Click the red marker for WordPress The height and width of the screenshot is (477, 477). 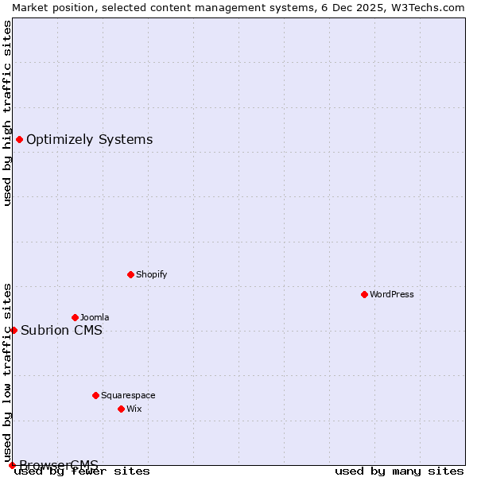[x=364, y=294]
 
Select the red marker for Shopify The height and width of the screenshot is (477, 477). [x=130, y=274]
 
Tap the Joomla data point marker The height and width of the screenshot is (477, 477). [x=75, y=317]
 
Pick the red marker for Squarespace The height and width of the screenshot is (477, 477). [x=95, y=395]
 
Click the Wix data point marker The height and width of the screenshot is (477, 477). [x=121, y=409]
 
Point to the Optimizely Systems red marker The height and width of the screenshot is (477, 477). [x=19, y=140]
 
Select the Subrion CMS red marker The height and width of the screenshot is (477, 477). [x=14, y=330]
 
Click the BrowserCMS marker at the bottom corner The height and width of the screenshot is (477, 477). [x=12, y=465]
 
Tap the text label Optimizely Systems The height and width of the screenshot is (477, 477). [x=89, y=140]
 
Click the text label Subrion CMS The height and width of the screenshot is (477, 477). [x=61, y=331]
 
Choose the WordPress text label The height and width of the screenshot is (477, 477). [x=392, y=294]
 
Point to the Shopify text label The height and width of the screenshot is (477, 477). [x=151, y=274]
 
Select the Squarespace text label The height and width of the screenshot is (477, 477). [x=128, y=395]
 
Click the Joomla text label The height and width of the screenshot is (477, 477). [x=95, y=317]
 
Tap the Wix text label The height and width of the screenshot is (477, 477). [x=134, y=409]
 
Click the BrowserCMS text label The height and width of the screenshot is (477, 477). [x=59, y=464]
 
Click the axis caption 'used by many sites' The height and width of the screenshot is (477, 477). [x=399, y=471]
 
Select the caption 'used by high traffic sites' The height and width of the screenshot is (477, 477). [x=7, y=113]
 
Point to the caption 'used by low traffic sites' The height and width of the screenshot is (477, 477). [x=7, y=373]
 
